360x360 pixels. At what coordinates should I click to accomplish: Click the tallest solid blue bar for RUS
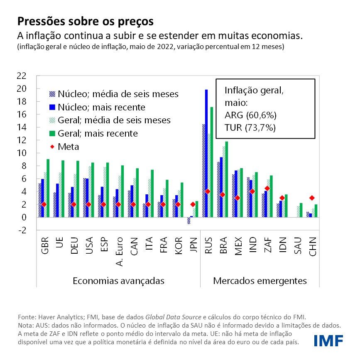click(x=206, y=154)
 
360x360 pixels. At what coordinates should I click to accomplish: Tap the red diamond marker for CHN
click(x=312, y=198)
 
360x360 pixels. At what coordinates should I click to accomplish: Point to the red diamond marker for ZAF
click(x=267, y=188)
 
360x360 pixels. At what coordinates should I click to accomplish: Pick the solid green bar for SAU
click(x=301, y=210)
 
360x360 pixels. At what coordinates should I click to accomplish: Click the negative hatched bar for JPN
click(x=188, y=220)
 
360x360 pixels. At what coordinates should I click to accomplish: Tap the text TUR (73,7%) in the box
click(x=250, y=128)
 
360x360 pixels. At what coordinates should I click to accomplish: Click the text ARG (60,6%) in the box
click(x=250, y=115)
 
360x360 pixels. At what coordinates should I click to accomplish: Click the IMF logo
click(x=328, y=340)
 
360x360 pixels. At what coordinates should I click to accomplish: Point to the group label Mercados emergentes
click(x=260, y=281)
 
